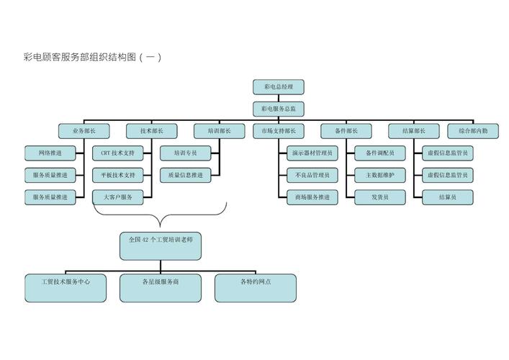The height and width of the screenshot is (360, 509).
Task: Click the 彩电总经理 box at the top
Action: (x=278, y=87)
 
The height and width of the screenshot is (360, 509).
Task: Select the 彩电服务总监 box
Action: (x=278, y=109)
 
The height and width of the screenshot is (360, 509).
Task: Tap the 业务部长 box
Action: (x=84, y=132)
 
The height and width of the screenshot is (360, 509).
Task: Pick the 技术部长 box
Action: (x=151, y=132)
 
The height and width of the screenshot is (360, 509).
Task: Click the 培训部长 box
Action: (x=220, y=132)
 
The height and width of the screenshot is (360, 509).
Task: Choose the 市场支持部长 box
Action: (x=278, y=132)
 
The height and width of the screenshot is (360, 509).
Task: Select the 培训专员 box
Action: (x=185, y=153)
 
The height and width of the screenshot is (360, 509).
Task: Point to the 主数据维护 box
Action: (x=379, y=175)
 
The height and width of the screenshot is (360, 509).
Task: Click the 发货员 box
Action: (x=379, y=197)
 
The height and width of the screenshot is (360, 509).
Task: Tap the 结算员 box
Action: (x=447, y=197)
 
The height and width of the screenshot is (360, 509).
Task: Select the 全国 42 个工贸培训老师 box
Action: (x=160, y=246)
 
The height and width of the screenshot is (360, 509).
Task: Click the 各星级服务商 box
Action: (x=160, y=287)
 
